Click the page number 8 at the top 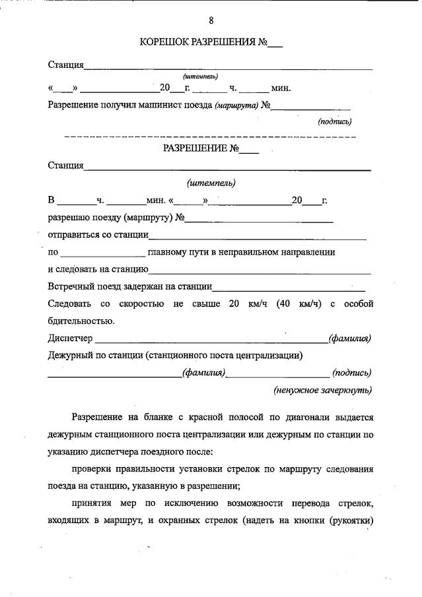tap(211, 20)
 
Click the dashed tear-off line tap(210, 136)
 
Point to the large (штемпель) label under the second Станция tap(211, 183)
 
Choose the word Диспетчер tap(71, 338)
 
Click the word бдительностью tap(81, 321)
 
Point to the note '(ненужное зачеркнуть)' tap(322, 390)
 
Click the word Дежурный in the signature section tap(69, 356)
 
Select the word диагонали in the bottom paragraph tap(306, 418)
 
